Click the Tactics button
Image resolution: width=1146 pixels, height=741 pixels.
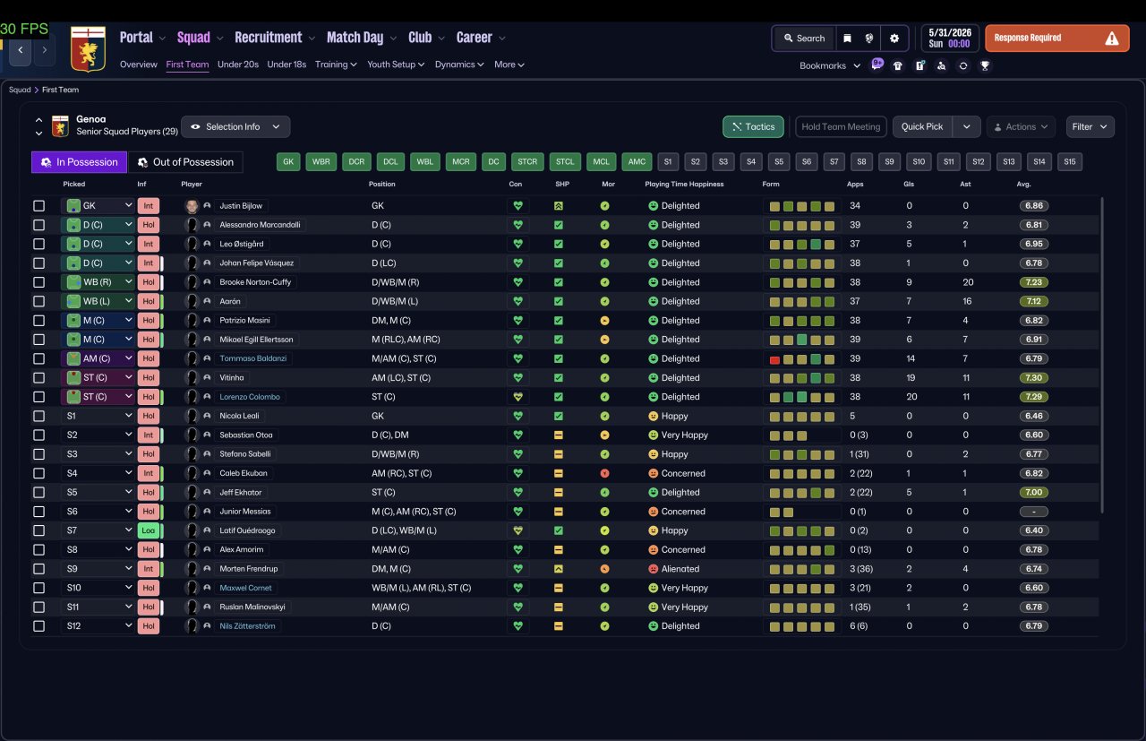[x=753, y=127]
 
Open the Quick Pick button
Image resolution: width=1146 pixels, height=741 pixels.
[x=922, y=127]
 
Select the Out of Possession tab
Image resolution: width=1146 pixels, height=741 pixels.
[x=185, y=162]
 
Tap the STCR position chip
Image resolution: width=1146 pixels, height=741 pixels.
[x=527, y=162]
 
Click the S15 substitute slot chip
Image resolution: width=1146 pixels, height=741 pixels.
[x=1069, y=162]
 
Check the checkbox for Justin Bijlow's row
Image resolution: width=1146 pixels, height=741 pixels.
[x=38, y=206]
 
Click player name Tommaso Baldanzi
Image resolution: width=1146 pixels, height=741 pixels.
[x=252, y=358]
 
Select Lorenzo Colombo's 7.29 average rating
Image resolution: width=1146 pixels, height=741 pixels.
[x=1033, y=397]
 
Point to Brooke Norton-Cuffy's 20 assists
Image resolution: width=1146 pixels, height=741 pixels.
[x=968, y=282]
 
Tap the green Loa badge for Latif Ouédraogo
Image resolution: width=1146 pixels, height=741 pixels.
[x=149, y=530]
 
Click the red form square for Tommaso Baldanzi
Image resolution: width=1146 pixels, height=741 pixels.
[x=774, y=359]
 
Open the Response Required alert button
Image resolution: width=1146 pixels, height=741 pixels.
[x=1057, y=39]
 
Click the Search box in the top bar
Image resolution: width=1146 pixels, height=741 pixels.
[x=804, y=39]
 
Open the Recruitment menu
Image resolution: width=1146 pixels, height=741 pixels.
[x=268, y=38]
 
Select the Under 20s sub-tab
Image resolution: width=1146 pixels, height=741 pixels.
[x=238, y=65]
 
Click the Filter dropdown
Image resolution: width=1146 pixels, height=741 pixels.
[x=1090, y=127]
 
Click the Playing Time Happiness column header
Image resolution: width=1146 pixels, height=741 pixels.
[x=684, y=185]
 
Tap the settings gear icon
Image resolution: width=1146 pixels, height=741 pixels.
[x=894, y=39]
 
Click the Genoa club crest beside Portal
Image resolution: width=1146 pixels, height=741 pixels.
[x=88, y=48]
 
